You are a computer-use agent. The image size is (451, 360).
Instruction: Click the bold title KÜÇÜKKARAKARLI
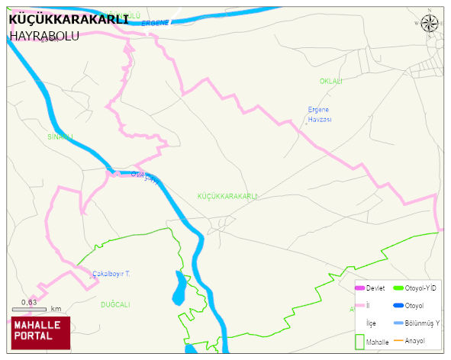tap(68, 20)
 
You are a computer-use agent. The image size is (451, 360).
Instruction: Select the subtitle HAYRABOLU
tap(44, 36)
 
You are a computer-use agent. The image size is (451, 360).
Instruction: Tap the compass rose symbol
tap(430, 22)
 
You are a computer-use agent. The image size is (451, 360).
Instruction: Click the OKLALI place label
tap(330, 81)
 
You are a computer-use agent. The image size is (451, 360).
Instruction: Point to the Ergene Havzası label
tap(319, 114)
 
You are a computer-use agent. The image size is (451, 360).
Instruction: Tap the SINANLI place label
tap(60, 137)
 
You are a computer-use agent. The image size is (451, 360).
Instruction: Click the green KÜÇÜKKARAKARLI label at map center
tap(227, 196)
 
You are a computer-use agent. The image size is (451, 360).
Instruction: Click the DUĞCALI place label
tap(115, 304)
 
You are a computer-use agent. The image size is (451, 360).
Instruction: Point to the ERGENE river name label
tap(155, 24)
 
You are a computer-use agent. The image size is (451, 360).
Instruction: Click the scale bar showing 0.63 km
tap(30, 309)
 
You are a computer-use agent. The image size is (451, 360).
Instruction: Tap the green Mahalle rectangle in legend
tap(359, 342)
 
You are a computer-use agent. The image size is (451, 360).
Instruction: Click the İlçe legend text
tap(372, 323)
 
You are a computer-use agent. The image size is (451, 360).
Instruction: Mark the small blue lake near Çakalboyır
tap(179, 288)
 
